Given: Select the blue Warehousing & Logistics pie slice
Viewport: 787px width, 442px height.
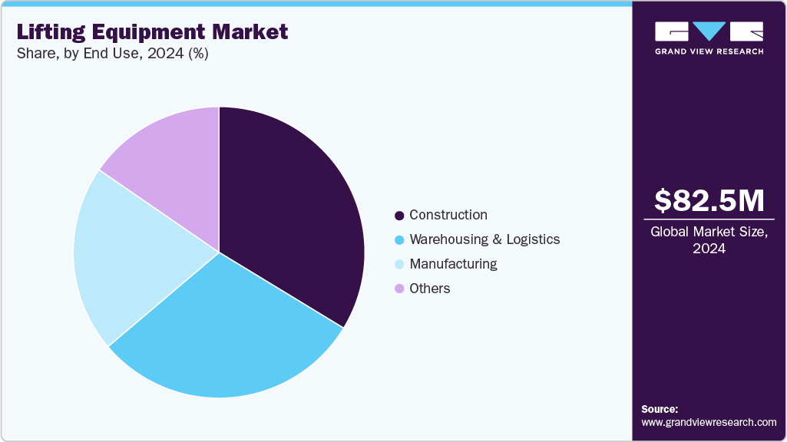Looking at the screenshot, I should pyautogui.click(x=230, y=338).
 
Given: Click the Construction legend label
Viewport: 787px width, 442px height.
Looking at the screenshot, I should pyautogui.click(x=448, y=215).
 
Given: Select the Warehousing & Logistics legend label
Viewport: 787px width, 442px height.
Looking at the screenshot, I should pyautogui.click(x=484, y=239).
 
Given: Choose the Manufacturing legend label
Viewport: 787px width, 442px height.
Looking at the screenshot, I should pyautogui.click(x=453, y=264).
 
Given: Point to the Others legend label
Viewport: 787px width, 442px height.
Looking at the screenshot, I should pyautogui.click(x=430, y=289).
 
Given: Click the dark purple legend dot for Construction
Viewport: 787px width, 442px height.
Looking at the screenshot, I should pyautogui.click(x=399, y=216).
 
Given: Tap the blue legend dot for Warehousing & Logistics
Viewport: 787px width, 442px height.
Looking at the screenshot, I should pyautogui.click(x=399, y=240).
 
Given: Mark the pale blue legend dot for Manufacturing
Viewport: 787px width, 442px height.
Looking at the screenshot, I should pyautogui.click(x=399, y=265).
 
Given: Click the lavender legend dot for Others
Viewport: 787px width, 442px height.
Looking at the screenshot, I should pyautogui.click(x=399, y=289).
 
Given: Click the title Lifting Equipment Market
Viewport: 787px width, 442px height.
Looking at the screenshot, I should pyautogui.click(x=153, y=32).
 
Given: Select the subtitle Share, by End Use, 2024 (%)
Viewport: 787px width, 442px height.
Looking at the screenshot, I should pyautogui.click(x=113, y=54).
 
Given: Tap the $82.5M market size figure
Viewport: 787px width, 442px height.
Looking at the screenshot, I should pyautogui.click(x=709, y=200).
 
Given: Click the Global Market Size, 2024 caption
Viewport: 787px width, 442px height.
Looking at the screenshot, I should pyautogui.click(x=709, y=240).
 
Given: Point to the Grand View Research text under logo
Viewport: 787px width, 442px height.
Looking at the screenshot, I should pyautogui.click(x=709, y=51).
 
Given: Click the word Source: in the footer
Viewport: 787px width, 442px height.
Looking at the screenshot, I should pyautogui.click(x=660, y=409).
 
